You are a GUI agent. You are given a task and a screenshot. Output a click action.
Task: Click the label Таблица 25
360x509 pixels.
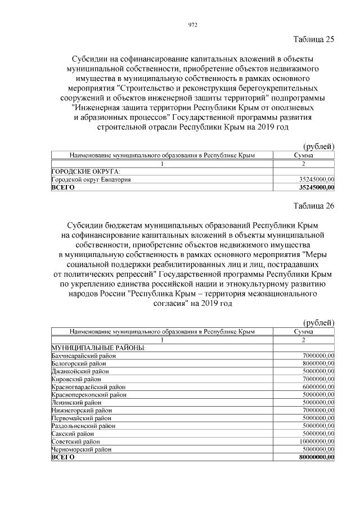314,39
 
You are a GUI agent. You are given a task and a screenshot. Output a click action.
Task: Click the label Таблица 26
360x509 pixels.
314,206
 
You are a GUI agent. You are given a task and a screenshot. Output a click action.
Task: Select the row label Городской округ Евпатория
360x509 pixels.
92,179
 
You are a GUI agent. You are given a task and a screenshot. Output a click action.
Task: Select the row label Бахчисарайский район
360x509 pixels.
82,355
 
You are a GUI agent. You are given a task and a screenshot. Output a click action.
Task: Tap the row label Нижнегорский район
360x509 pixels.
81,411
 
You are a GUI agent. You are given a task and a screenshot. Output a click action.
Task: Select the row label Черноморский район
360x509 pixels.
82,450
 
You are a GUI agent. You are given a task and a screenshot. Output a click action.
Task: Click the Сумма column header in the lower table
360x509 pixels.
304,331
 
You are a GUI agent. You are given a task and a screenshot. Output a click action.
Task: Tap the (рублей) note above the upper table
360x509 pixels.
318,146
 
